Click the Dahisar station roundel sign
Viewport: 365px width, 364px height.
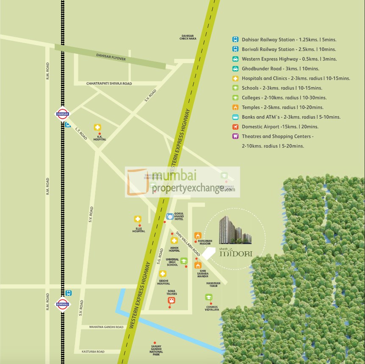coord(62,114)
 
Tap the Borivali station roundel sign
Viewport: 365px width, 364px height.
coord(62,303)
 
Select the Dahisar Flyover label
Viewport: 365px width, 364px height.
coord(111,56)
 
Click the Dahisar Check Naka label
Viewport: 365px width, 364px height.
coord(188,37)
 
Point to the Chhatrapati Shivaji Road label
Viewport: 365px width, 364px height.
coord(109,83)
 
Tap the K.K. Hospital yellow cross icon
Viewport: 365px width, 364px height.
coord(97,128)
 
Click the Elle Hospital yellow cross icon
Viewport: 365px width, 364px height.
coord(138,219)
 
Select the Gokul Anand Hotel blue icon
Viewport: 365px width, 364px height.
coord(170,216)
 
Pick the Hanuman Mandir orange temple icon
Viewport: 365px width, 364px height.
coord(198,235)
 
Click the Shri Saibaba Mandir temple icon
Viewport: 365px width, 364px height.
coord(198,265)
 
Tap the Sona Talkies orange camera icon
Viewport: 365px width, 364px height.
coord(171,301)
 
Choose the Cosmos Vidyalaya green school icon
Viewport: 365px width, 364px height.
coord(209,297)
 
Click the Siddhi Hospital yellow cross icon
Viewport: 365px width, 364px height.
coord(163,274)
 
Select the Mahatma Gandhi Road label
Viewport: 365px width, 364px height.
coord(106,327)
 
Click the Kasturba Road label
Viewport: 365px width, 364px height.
coord(93,352)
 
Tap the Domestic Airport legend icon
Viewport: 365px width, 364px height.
coord(235,127)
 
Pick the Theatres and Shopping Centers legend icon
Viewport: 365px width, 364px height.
coord(235,136)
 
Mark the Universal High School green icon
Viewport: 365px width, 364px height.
coord(184,261)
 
